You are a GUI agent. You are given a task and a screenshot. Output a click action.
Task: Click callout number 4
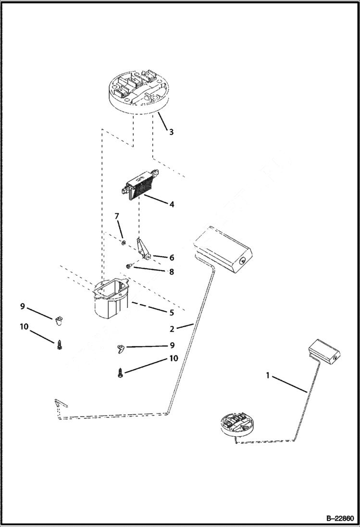point(171,204)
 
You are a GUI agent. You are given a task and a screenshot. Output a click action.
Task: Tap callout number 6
point(172,257)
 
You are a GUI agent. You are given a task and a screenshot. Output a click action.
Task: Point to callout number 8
point(172,271)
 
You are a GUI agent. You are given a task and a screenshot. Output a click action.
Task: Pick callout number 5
point(172,312)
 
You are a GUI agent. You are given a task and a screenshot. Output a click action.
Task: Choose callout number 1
point(268,376)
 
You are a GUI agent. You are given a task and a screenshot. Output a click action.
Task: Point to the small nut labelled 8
point(129,265)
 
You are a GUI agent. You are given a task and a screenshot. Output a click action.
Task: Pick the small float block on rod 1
point(324,351)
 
